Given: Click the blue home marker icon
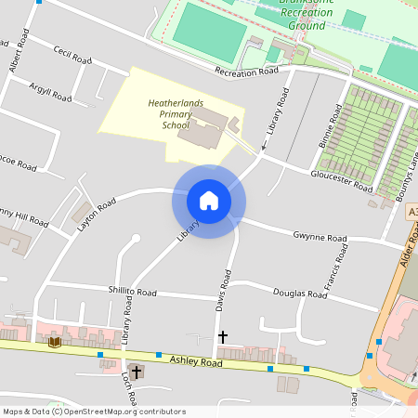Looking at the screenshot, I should (x=209, y=201).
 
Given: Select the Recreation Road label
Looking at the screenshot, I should (x=246, y=72).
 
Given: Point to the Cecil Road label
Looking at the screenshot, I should (x=72, y=56).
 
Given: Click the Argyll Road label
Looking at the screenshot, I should (x=50, y=91).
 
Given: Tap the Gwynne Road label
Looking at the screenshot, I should (x=320, y=238).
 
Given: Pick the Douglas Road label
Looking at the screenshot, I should (x=300, y=294).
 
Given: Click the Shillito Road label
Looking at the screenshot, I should (x=132, y=292).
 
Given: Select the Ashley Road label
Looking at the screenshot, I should (x=197, y=364).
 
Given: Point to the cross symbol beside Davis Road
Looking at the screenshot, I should (x=222, y=336).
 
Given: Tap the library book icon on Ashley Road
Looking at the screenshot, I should (x=54, y=342).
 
